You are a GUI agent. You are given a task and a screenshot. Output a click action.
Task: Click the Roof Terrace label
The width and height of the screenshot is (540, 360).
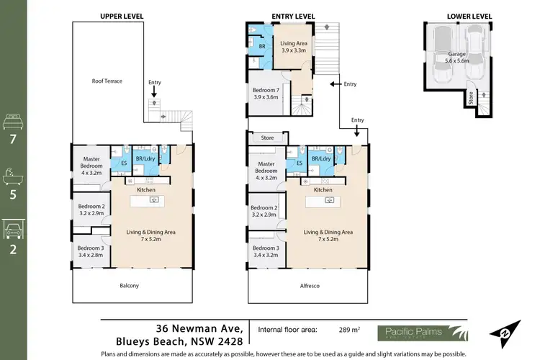(x=108, y=81)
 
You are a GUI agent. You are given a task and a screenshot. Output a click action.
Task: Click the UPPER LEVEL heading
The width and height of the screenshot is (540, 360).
(x=122, y=15)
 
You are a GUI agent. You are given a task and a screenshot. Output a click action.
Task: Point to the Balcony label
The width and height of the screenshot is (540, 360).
(x=130, y=286)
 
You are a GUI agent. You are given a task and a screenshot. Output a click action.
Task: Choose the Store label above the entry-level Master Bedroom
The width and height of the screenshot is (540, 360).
(x=268, y=137)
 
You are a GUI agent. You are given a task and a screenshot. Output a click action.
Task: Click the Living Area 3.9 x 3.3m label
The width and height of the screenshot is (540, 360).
(x=293, y=47)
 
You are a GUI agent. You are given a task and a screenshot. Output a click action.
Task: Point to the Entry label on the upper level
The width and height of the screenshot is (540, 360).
(x=154, y=82)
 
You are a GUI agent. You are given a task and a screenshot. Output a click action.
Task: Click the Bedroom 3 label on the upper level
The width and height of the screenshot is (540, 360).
(x=91, y=251)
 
